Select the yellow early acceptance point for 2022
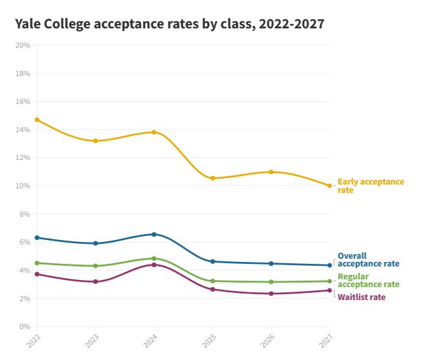pyautogui.click(x=37, y=119)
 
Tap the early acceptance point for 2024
pyautogui.click(x=153, y=132)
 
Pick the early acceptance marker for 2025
pyautogui.click(x=213, y=178)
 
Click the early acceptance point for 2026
pyautogui.click(x=271, y=172)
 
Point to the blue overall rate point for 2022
pyautogui.click(x=37, y=238)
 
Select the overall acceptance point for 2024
pyautogui.click(x=153, y=234)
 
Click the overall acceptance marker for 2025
pyautogui.click(x=213, y=261)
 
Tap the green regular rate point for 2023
pyautogui.click(x=95, y=266)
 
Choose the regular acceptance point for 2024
pyautogui.click(x=153, y=258)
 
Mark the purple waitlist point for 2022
pyautogui.click(x=37, y=274)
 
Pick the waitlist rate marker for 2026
pyautogui.click(x=271, y=294)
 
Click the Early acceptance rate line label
pyautogui.click(x=371, y=186)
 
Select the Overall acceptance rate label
pyautogui.click(x=368, y=260)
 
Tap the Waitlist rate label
pyautogui.click(x=362, y=297)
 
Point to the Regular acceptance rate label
pyautogui.click(x=368, y=281)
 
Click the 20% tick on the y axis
pyautogui.click(x=23, y=45)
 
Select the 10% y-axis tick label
pyautogui.click(x=23, y=186)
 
